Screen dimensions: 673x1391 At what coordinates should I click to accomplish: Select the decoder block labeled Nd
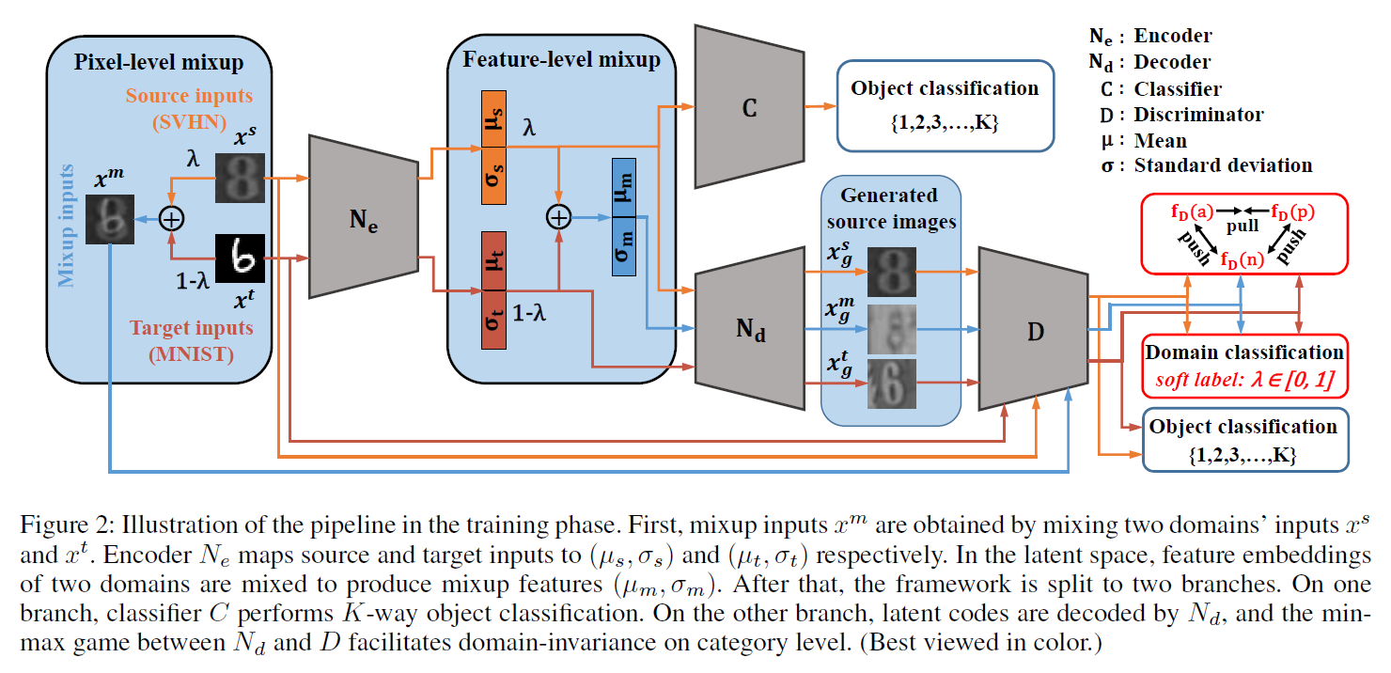point(748,330)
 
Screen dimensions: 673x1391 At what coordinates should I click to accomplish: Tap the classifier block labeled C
point(748,107)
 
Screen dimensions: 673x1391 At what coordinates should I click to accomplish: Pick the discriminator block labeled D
point(1031,330)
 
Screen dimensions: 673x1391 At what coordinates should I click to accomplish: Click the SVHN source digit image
point(242,180)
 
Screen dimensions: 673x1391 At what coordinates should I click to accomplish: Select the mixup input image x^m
point(111,219)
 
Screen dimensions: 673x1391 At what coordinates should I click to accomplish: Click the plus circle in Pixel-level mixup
point(171,219)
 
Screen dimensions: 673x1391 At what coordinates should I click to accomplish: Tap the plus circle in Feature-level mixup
point(558,218)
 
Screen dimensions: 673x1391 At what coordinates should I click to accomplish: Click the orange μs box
point(492,119)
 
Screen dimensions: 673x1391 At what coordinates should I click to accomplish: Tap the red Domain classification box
point(1243,364)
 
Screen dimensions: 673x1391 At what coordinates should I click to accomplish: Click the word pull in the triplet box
point(1243,227)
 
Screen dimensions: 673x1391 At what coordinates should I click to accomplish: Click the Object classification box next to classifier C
point(945,105)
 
